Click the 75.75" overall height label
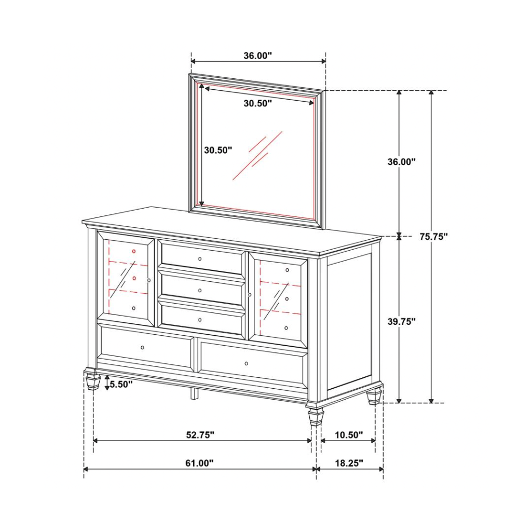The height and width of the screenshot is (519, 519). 433,237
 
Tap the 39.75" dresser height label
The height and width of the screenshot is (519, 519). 402,321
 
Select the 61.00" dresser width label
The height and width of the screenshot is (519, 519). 200,463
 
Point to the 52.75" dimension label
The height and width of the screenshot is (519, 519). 200,435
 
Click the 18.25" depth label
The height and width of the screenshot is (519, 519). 349,463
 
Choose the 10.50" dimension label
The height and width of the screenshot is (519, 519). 349,435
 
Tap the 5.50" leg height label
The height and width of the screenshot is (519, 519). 121,384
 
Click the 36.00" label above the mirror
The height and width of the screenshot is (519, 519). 258,56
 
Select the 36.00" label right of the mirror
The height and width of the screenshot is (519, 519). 402,162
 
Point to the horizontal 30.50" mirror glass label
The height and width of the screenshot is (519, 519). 258,103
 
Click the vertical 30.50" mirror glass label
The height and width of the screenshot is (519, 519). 218,151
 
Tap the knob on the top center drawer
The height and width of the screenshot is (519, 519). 200,259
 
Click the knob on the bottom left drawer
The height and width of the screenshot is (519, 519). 143,348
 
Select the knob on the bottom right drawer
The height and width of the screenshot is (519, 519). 246,364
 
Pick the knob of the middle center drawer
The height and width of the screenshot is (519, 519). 200,291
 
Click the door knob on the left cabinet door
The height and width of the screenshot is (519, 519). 149,280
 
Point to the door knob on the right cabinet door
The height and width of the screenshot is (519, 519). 250,295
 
